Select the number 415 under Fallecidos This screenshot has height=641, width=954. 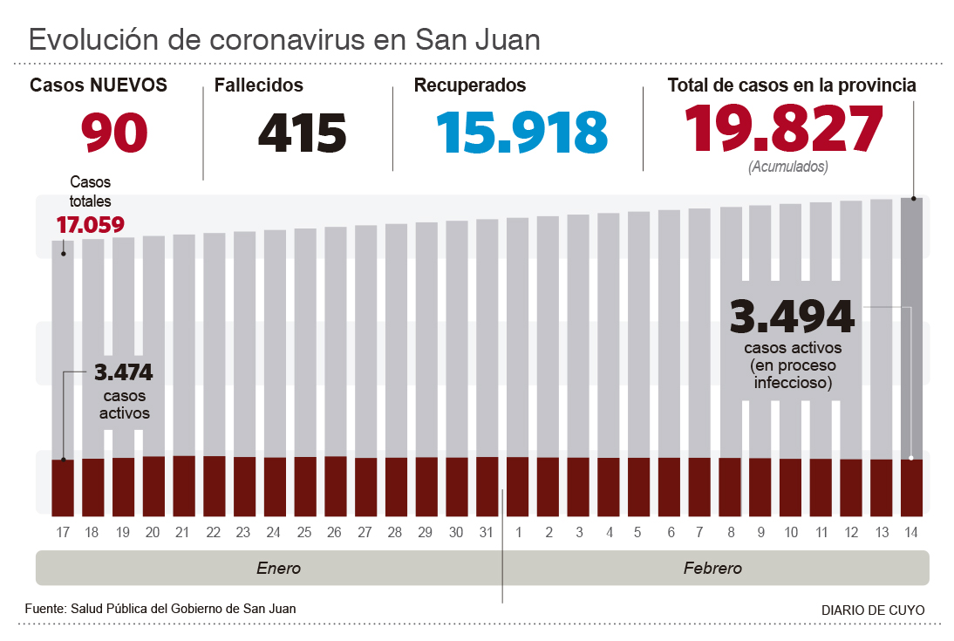[302, 133]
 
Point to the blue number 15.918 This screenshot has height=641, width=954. [521, 133]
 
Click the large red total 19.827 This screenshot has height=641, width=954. [783, 129]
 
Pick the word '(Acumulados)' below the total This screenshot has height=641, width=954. [787, 167]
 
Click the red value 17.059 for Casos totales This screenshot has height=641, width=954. [90, 224]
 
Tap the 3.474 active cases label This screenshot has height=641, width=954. [123, 373]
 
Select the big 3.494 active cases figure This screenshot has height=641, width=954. [792, 316]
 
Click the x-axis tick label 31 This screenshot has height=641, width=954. [487, 532]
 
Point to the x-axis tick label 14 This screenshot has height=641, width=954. [911, 532]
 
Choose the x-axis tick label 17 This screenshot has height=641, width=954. [62, 532]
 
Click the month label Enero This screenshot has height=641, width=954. [278, 569]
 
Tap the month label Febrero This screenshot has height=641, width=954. [712, 569]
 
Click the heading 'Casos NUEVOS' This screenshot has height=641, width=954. [99, 85]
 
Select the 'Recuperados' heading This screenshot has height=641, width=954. [470, 85]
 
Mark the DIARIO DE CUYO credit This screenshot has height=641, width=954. [873, 610]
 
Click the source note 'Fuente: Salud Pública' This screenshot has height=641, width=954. [160, 609]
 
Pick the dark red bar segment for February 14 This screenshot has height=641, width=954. [911, 487]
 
